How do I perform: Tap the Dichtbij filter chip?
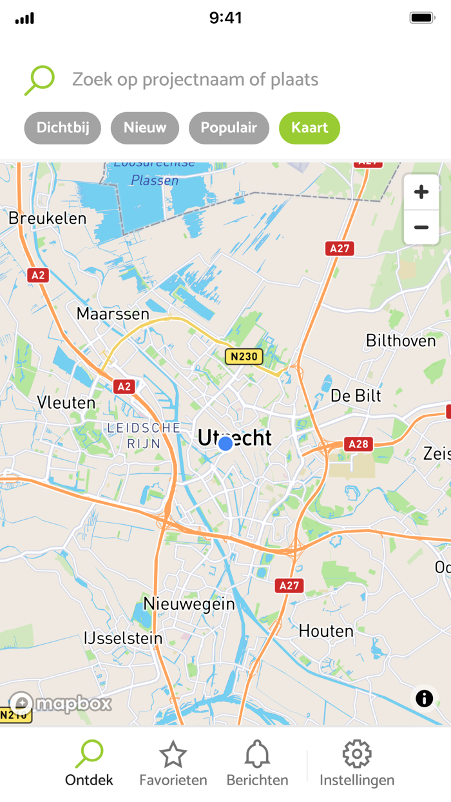pyautogui.click(x=62, y=128)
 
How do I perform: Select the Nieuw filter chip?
pyautogui.click(x=145, y=128)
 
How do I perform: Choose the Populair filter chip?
pyautogui.click(x=229, y=128)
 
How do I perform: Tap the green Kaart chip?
pyautogui.click(x=309, y=128)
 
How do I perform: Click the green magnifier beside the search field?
pyautogui.click(x=39, y=80)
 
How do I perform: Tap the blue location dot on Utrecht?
pyautogui.click(x=225, y=444)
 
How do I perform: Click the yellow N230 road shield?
pyautogui.click(x=244, y=356)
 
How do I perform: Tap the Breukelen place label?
pyautogui.click(x=47, y=218)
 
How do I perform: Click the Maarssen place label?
pyautogui.click(x=113, y=314)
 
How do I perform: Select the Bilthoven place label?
pyautogui.click(x=401, y=340)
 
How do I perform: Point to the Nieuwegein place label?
pyautogui.click(x=189, y=604)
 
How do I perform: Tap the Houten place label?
pyautogui.click(x=326, y=631)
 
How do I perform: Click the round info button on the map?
pyautogui.click(x=424, y=698)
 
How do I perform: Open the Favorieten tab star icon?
pyautogui.click(x=173, y=754)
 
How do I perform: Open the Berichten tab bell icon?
pyautogui.click(x=257, y=754)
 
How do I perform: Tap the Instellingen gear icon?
pyautogui.click(x=357, y=754)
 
